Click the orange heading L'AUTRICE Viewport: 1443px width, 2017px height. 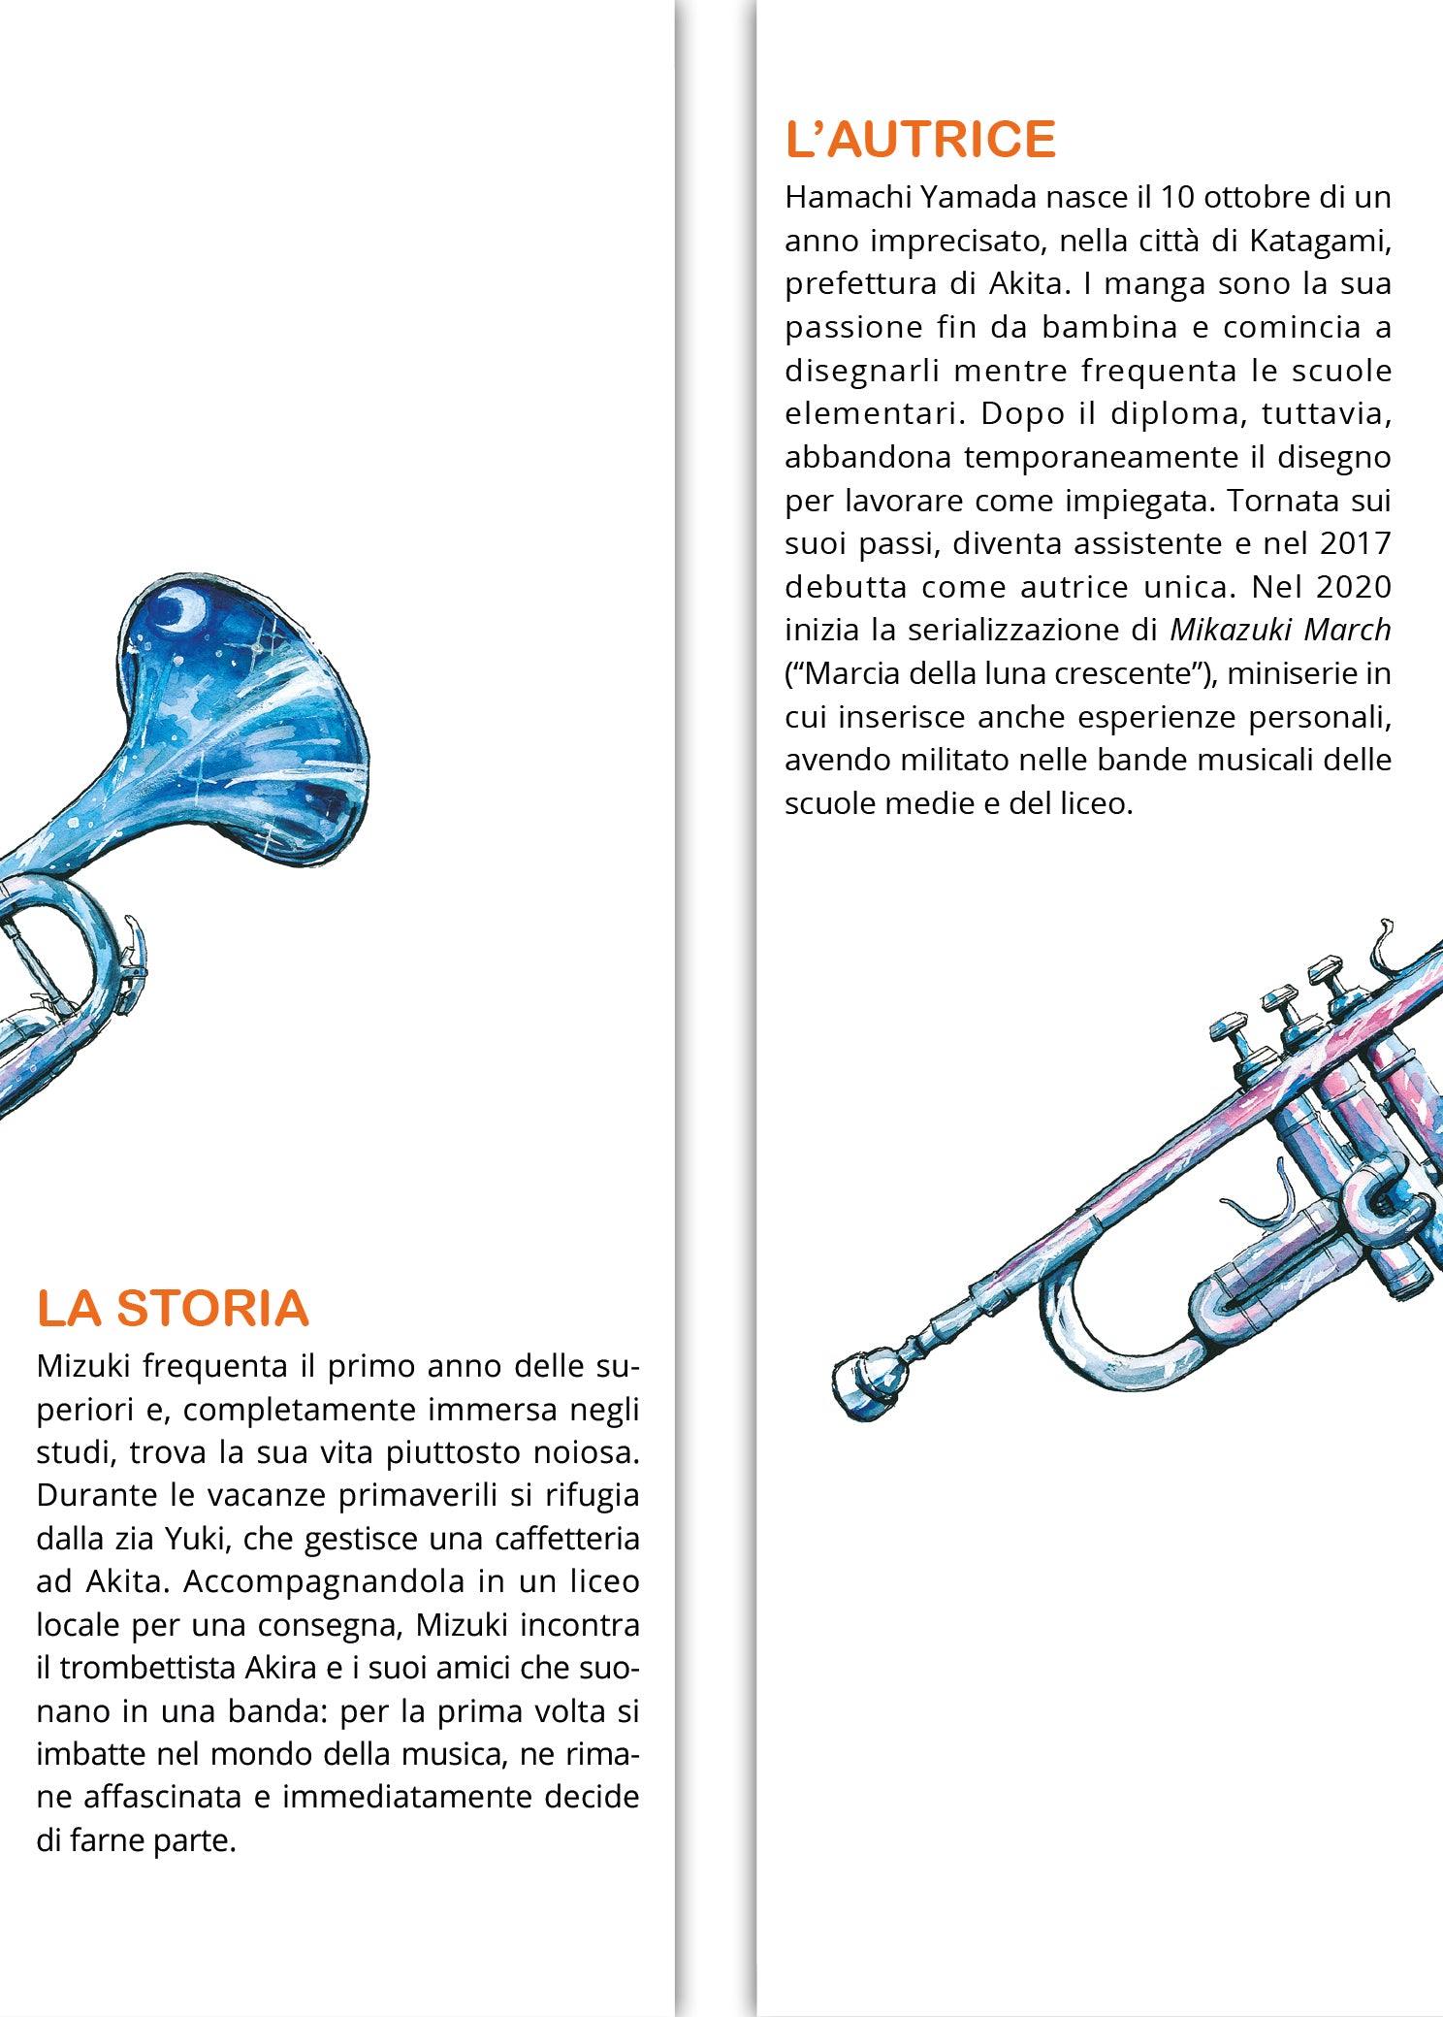point(920,139)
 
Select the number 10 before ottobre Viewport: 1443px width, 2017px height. point(1177,197)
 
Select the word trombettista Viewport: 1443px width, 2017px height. point(147,1668)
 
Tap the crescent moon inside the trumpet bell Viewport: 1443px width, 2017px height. point(181,608)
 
